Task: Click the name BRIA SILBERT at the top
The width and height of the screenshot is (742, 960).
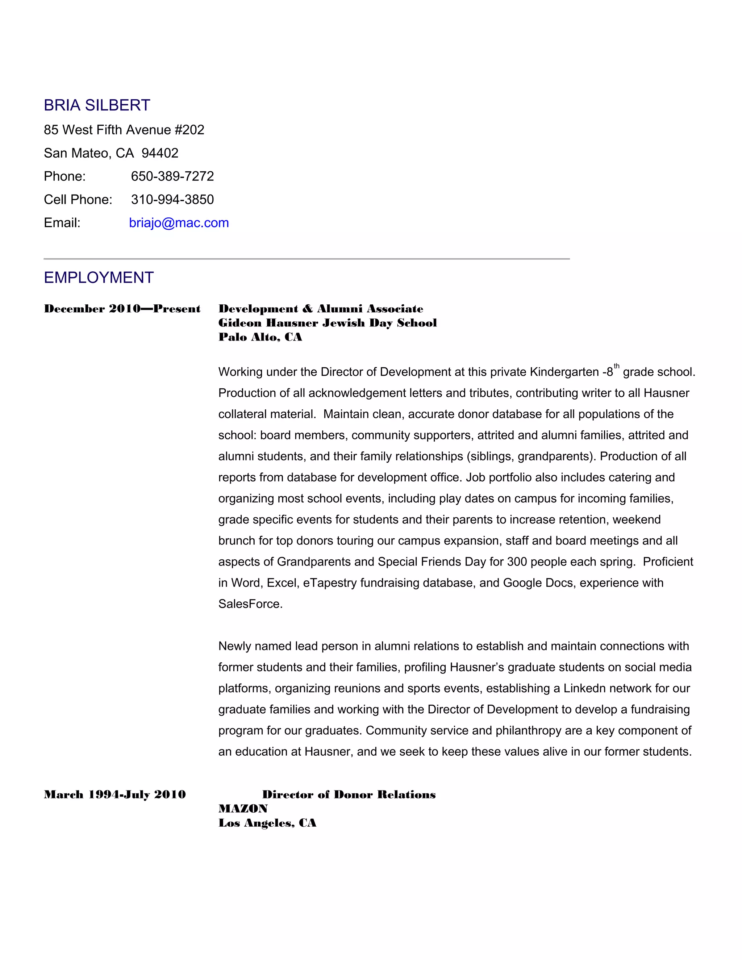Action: [97, 105]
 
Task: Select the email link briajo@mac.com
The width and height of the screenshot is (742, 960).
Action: [179, 223]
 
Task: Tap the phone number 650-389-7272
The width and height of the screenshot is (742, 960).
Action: [172, 176]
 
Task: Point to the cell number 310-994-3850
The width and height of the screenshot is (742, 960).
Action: [172, 200]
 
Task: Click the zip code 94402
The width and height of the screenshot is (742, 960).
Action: [160, 153]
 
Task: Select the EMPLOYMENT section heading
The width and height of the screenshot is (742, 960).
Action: [99, 278]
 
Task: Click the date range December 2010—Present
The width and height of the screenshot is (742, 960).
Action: [122, 309]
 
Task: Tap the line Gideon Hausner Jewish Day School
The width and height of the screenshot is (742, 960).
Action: [328, 323]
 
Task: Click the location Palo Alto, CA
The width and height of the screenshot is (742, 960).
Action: [260, 337]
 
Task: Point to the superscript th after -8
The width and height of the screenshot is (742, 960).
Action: [617, 366]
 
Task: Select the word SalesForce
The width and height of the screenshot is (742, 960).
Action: [249, 604]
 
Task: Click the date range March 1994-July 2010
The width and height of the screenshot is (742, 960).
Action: [115, 795]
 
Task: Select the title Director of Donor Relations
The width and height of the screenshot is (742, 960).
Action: [349, 795]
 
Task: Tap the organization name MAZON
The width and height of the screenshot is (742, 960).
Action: [243, 809]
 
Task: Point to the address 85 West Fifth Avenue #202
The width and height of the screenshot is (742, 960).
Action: [124, 130]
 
